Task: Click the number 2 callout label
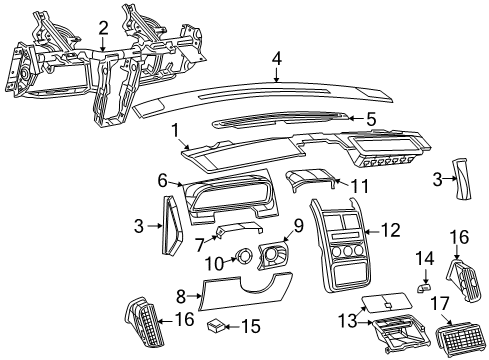104,27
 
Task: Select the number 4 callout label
275,59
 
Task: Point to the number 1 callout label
175,129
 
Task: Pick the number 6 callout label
162,180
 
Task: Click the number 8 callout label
180,296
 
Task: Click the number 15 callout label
251,326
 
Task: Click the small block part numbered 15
215,325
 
